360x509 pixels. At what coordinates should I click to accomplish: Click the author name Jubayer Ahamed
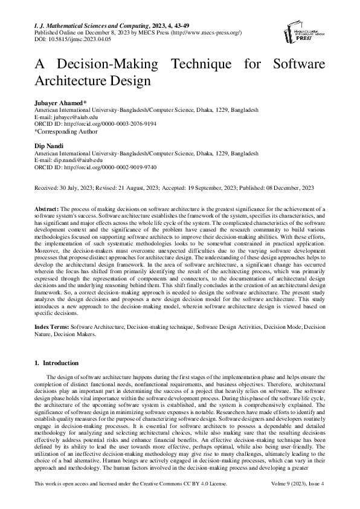pos(60,104)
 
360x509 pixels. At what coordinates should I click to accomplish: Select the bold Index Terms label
pos(52,326)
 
